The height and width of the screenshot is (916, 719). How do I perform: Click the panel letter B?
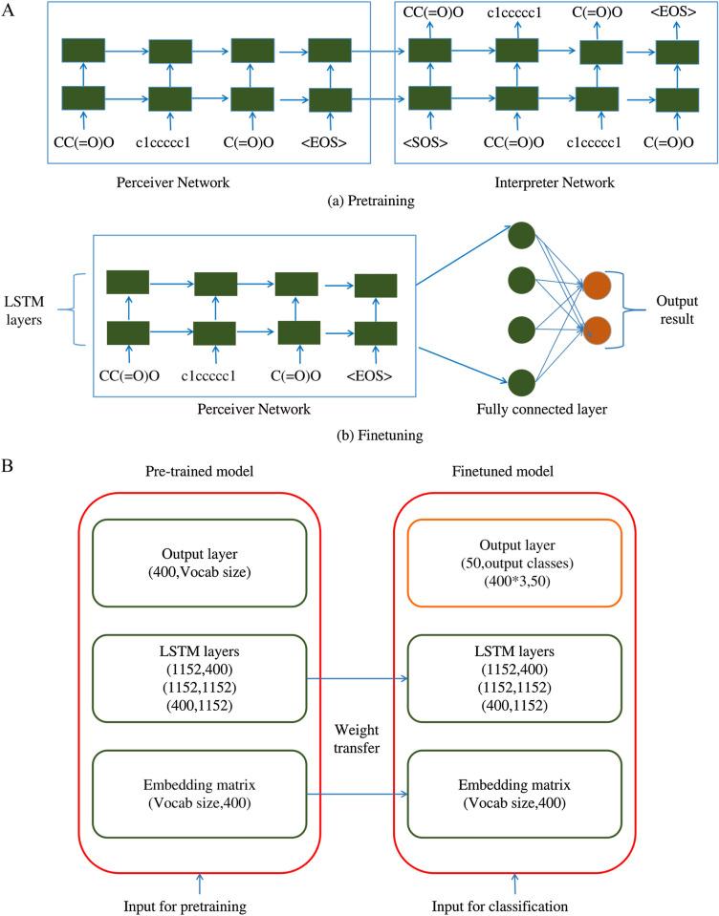point(9,469)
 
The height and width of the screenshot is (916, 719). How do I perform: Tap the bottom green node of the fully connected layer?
point(521,379)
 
